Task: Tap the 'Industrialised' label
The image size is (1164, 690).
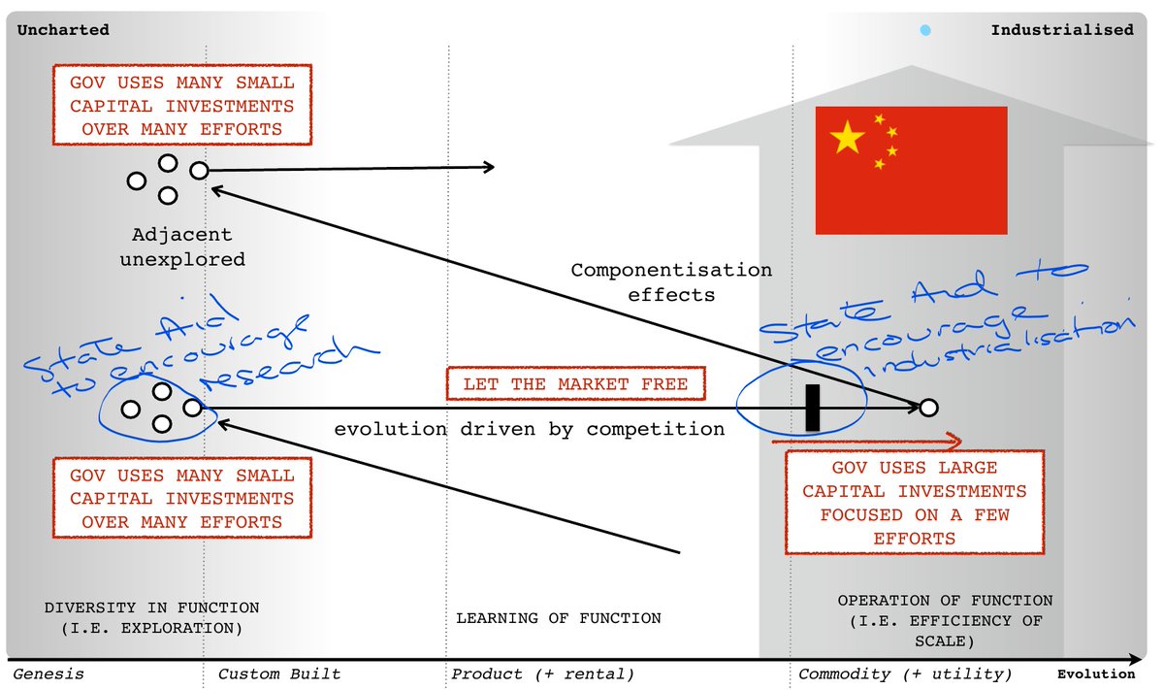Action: point(1061,30)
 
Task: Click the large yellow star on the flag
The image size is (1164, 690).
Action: point(848,139)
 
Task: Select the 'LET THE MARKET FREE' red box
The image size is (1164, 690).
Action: point(575,384)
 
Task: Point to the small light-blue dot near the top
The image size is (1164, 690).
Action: point(925,31)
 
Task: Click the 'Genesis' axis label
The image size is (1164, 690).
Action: point(48,674)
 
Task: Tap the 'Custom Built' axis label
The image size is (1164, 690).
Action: point(279,674)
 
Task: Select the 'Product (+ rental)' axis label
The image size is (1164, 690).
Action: point(542,674)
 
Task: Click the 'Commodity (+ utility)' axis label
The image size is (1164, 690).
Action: point(905,674)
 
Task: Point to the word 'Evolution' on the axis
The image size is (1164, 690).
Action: point(1096,674)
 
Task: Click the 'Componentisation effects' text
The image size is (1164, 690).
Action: point(671,281)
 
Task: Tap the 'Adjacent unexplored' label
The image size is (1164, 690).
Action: point(182,246)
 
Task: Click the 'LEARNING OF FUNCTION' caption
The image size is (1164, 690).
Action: point(559,617)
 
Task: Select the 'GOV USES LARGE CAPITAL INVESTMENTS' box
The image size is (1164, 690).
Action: point(914,502)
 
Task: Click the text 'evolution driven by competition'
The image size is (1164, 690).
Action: point(530,429)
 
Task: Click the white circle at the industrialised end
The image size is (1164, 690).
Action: point(928,408)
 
